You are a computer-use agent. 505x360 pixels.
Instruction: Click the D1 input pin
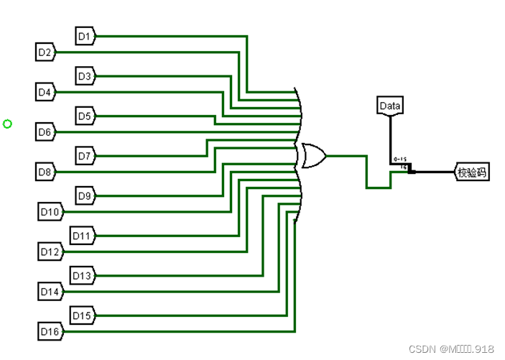point(85,34)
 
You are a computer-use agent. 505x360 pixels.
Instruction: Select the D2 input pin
point(45,52)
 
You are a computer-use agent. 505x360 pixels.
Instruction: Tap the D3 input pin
point(85,75)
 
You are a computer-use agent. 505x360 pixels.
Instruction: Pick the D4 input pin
point(45,92)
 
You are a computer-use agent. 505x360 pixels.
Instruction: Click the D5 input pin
point(85,115)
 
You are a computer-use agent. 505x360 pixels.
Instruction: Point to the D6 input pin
point(45,132)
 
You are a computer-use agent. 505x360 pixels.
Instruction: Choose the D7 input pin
point(85,155)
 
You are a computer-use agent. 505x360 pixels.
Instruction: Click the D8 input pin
point(45,172)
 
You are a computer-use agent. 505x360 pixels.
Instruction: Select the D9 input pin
point(85,195)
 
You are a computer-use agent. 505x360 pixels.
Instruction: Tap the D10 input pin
point(51,212)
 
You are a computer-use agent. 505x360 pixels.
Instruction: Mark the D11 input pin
point(82,235)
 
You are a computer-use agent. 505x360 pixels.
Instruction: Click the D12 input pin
point(51,252)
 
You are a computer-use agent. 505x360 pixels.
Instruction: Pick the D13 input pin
point(82,275)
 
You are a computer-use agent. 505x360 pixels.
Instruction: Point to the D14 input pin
point(51,292)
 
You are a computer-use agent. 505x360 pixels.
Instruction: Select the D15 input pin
point(82,315)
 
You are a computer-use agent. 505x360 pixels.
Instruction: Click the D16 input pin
point(51,333)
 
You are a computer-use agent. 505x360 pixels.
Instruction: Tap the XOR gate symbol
point(314,155)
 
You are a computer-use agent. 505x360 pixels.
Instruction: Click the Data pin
point(390,106)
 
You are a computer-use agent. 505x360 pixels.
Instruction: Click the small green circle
point(8,124)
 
